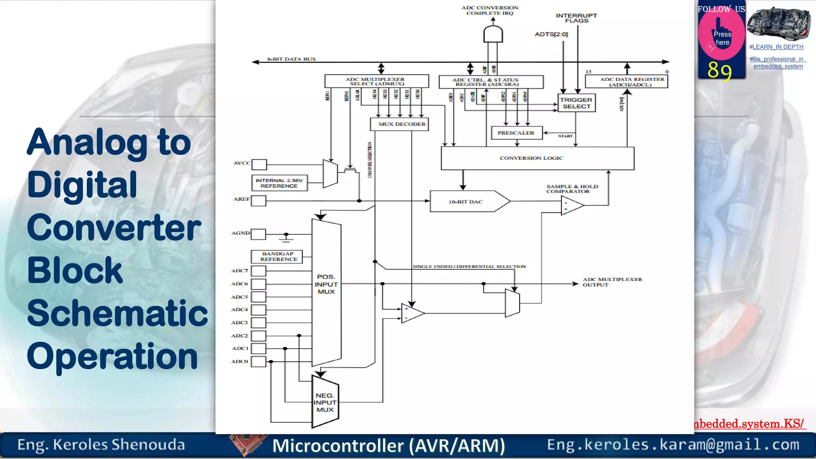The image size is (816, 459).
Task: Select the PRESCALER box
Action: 516,133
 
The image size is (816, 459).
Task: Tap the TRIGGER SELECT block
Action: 576,103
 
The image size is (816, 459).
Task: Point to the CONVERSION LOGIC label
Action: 531,158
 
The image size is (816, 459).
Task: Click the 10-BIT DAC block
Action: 466,202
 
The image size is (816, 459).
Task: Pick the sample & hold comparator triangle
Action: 571,206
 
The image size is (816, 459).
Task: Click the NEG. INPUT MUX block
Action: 325,402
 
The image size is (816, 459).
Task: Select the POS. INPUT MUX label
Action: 326,284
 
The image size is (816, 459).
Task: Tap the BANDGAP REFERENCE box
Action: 277,257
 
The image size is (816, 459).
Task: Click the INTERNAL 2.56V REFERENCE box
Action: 279,183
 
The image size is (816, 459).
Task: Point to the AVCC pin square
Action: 259,164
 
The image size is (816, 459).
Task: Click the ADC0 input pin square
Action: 258,361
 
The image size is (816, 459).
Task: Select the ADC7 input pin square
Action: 258,271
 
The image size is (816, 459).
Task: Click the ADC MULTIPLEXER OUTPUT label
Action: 612,282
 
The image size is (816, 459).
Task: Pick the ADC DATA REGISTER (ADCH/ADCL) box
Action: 626,82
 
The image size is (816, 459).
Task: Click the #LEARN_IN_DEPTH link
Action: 776,47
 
